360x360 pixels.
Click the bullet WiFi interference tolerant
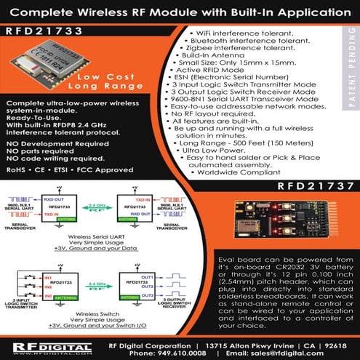(249, 33)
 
